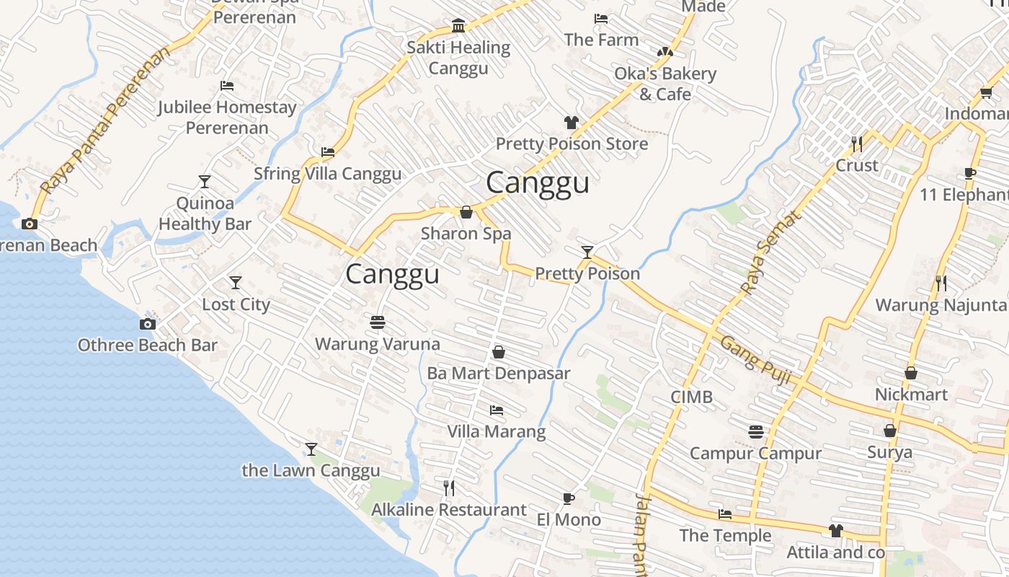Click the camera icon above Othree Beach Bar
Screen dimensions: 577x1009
tap(148, 324)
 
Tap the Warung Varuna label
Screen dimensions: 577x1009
tap(377, 344)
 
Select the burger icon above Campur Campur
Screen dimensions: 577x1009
tap(755, 432)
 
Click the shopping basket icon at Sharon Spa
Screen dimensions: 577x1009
tap(466, 212)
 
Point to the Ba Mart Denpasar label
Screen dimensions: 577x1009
tap(498, 374)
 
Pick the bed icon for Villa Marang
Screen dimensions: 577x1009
tap(496, 410)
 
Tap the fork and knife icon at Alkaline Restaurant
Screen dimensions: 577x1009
tap(448, 488)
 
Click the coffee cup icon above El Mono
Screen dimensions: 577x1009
tap(569, 498)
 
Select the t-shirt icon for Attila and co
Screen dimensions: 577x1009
tap(835, 531)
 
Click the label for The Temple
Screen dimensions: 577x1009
tap(725, 535)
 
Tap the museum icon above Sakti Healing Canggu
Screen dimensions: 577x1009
tap(458, 26)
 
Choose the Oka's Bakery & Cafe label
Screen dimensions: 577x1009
tap(664, 84)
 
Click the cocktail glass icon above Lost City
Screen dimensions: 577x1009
tap(236, 282)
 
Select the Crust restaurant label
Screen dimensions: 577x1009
tap(856, 165)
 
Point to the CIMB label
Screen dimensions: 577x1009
tap(691, 397)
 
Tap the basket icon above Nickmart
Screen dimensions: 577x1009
tap(911, 373)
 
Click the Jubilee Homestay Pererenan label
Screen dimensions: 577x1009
tap(227, 118)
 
